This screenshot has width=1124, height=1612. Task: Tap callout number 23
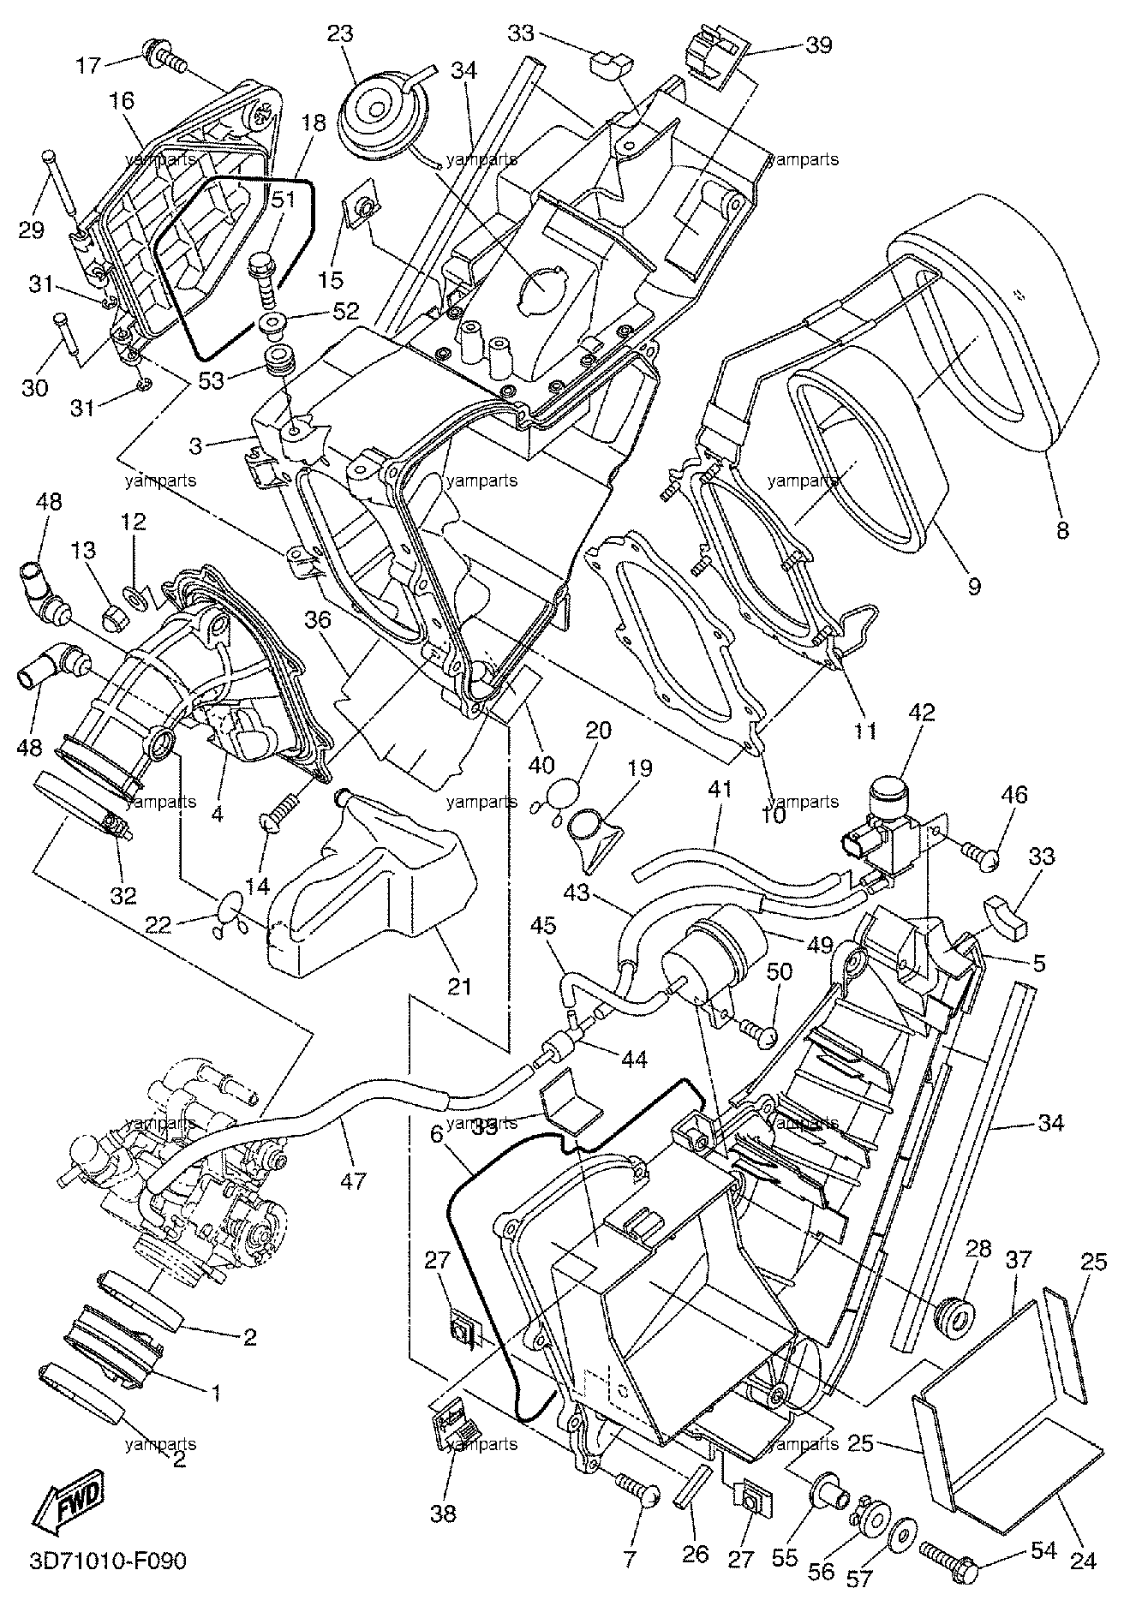[x=339, y=35]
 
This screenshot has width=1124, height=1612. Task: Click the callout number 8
[x=1062, y=531]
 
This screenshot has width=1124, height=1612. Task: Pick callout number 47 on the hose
[x=353, y=1182]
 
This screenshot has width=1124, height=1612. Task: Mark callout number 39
[x=819, y=45]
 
